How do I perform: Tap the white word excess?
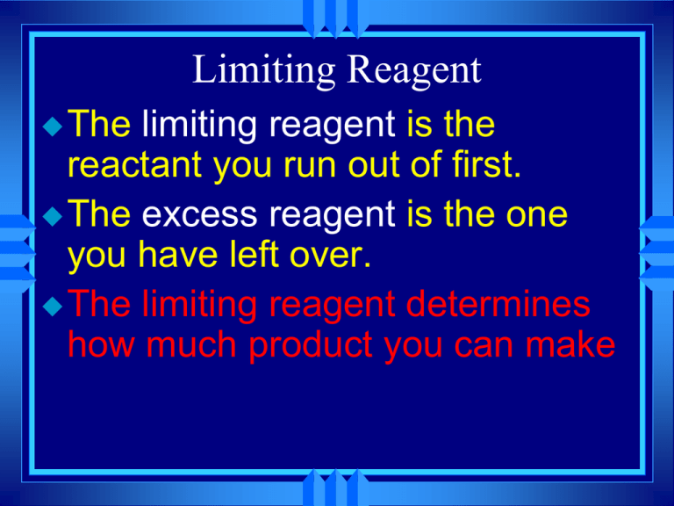202,213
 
